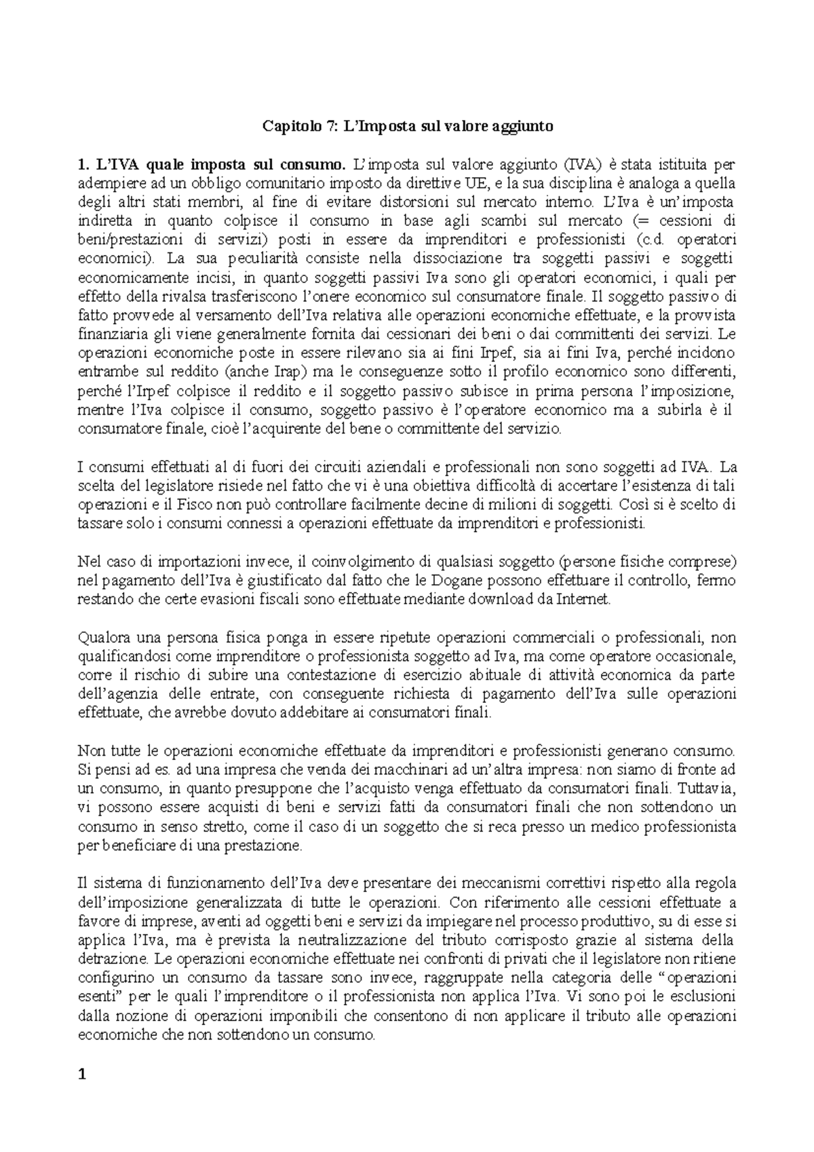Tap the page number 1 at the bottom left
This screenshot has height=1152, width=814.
coord(83,1073)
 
